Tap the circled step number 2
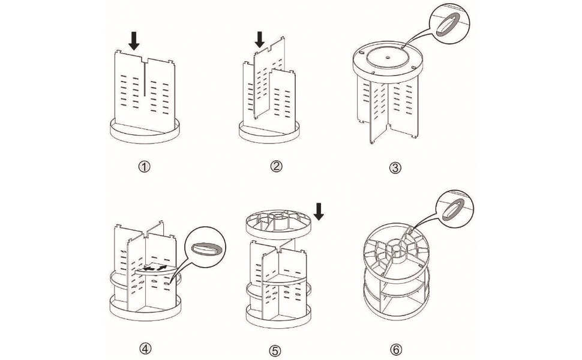[x=276, y=166]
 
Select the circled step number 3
[x=395, y=167]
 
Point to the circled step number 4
[x=144, y=348]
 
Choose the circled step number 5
[x=276, y=349]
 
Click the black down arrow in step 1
[x=134, y=41]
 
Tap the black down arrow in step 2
[x=260, y=40]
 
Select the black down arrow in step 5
[x=319, y=211]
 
